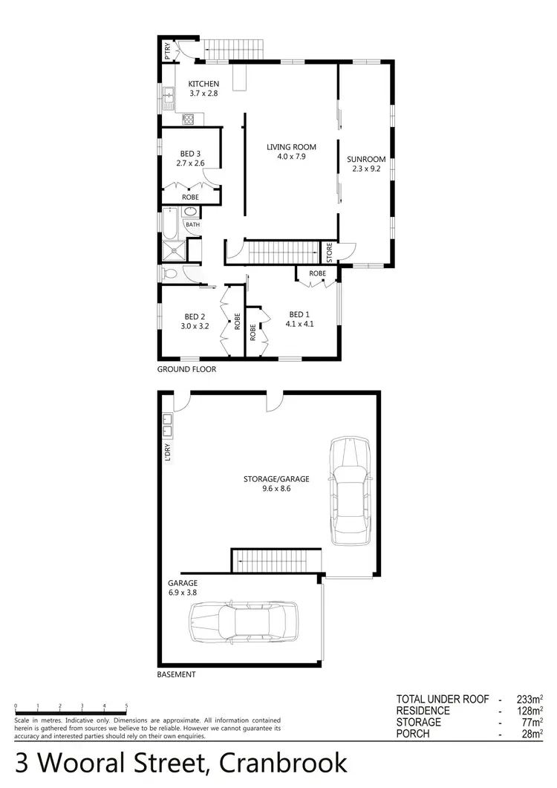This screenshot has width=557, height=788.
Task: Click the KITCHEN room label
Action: pyautogui.click(x=203, y=84)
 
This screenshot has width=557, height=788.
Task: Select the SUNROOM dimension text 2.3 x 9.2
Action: pyautogui.click(x=366, y=169)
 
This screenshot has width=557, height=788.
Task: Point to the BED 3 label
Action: pyautogui.click(x=190, y=154)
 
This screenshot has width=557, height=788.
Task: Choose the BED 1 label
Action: pyautogui.click(x=300, y=313)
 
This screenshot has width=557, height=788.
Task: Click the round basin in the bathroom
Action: pyautogui.click(x=190, y=212)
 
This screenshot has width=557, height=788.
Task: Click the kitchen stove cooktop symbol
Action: pyautogui.click(x=188, y=118)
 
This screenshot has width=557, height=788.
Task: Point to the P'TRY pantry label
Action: pyautogui.click(x=168, y=51)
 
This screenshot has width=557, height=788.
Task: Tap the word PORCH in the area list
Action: pyautogui.click(x=414, y=734)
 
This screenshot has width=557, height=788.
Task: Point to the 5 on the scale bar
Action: pyautogui.click(x=126, y=706)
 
